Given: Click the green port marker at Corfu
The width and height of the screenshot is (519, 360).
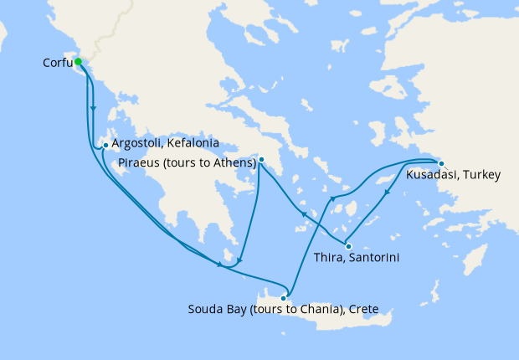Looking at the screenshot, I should [x=78, y=62].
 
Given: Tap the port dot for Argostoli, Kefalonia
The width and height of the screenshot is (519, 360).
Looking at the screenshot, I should [x=105, y=145].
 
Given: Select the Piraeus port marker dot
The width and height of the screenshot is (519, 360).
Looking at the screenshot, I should [x=261, y=159].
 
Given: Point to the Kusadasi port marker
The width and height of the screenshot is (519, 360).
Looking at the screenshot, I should [x=442, y=163].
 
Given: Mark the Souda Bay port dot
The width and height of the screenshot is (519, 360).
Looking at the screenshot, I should [x=285, y=297].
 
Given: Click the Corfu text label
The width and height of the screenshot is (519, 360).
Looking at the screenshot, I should [x=57, y=63].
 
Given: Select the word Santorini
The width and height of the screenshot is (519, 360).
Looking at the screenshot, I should [x=373, y=259].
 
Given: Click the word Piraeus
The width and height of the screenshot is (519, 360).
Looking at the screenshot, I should [x=137, y=162].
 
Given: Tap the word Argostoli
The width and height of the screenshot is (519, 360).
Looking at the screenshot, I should [x=136, y=144].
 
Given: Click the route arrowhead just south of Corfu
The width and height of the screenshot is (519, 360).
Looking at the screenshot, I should [x=93, y=109].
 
